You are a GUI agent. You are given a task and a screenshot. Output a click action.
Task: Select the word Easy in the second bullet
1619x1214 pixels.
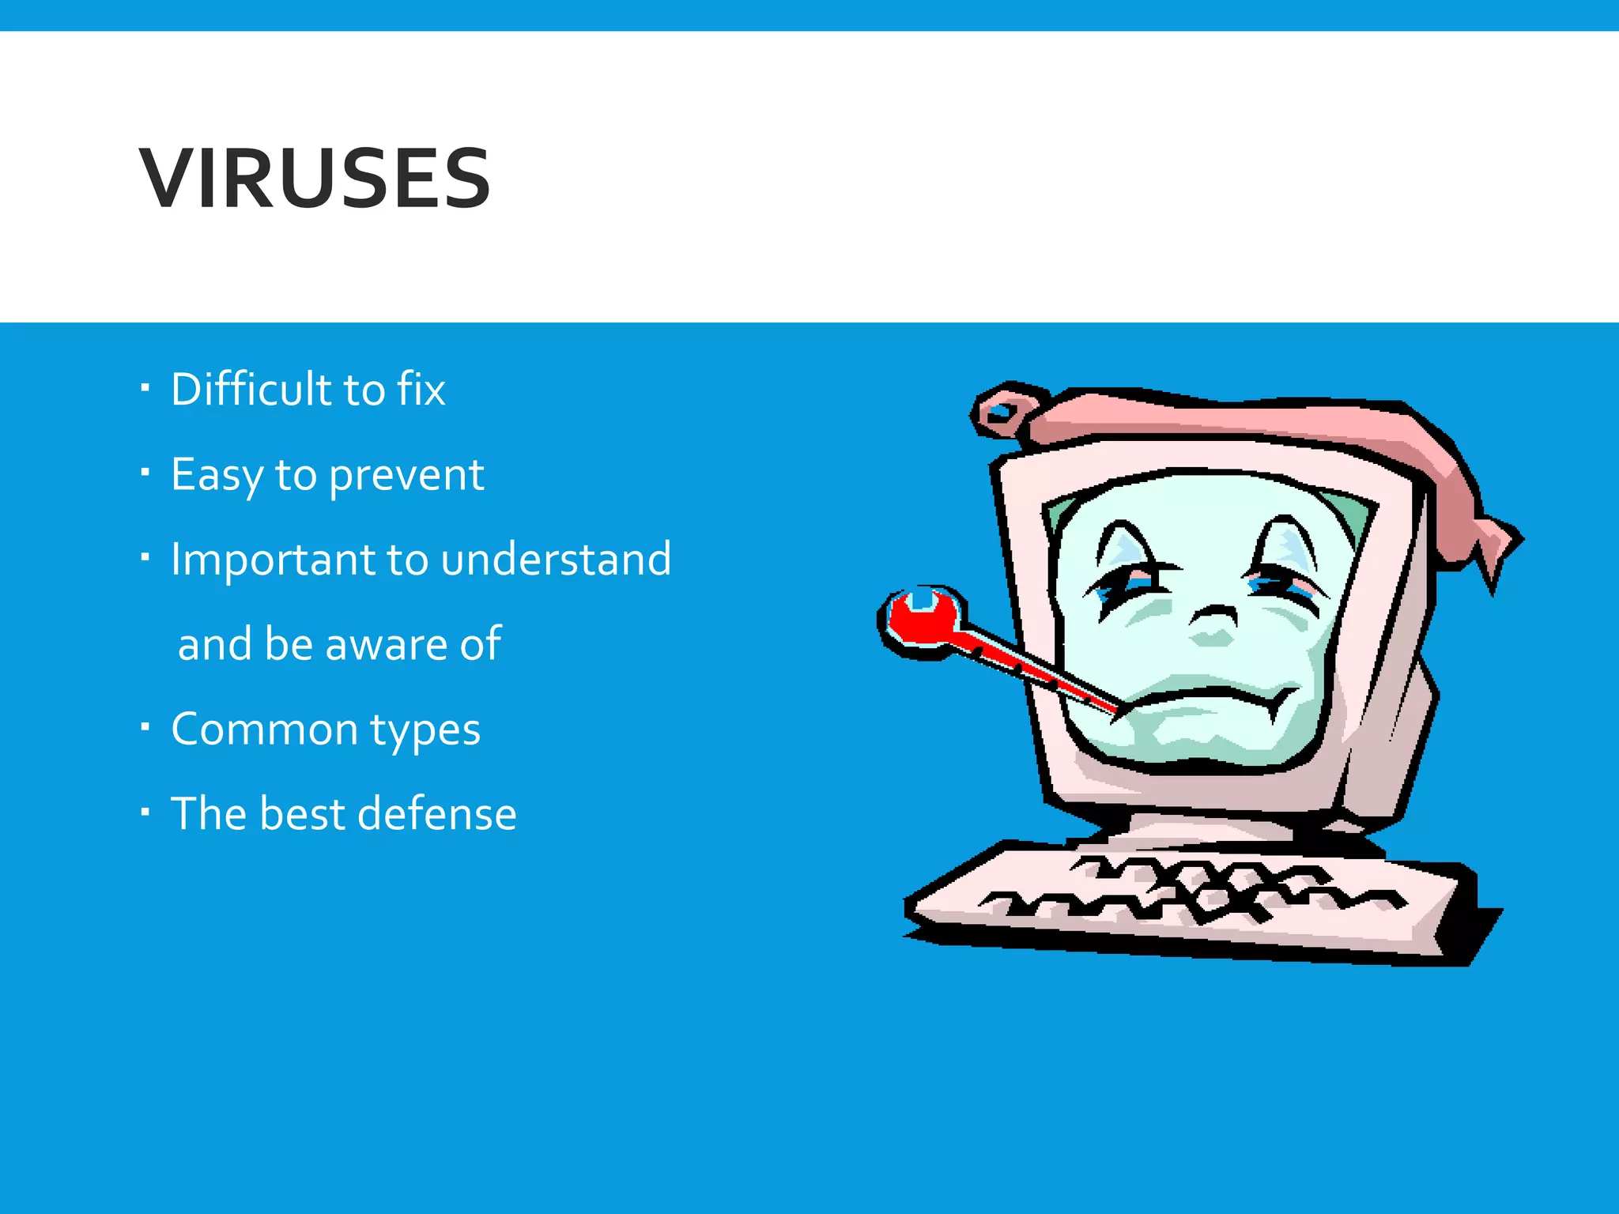pyautogui.click(x=217, y=475)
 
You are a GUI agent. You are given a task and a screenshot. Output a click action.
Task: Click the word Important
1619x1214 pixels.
pyautogui.click(x=273, y=560)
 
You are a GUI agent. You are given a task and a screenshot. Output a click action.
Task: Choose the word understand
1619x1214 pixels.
pyautogui.click(x=556, y=559)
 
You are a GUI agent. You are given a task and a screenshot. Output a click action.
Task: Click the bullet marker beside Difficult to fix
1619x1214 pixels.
pyautogui.click(x=145, y=387)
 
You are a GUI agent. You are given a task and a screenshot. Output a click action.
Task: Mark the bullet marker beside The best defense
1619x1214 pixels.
pyautogui.click(x=145, y=811)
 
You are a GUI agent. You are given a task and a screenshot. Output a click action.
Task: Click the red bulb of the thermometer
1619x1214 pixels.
pyautogui.click(x=920, y=617)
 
